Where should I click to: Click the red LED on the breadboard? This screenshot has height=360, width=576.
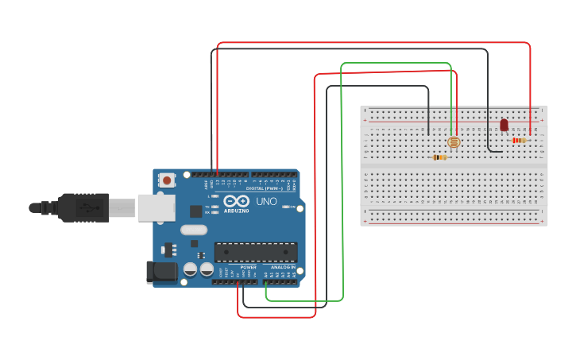pyautogui.click(x=504, y=125)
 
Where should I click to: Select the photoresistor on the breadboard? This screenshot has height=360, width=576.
pyautogui.click(x=454, y=141)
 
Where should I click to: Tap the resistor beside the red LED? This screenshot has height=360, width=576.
pyautogui.click(x=519, y=141)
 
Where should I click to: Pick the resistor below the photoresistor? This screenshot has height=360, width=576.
pyautogui.click(x=439, y=157)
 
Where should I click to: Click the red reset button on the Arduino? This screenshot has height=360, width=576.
pyautogui.click(x=167, y=180)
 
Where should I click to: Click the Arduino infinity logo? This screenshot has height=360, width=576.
pyautogui.click(x=237, y=201)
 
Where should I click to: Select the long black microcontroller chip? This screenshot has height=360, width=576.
pyautogui.click(x=256, y=253)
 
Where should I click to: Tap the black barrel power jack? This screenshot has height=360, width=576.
pyautogui.click(x=162, y=272)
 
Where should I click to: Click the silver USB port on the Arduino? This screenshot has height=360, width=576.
pyautogui.click(x=156, y=207)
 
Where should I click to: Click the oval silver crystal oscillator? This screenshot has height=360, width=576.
pyautogui.click(x=193, y=230)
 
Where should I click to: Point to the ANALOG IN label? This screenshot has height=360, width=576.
pyautogui.click(x=282, y=267)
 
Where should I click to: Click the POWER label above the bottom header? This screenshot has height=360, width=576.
pyautogui.click(x=248, y=267)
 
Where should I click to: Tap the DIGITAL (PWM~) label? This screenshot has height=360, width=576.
pyautogui.click(x=265, y=188)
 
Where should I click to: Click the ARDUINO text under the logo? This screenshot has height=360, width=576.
pyautogui.click(x=237, y=211)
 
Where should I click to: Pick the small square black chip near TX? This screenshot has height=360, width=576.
pyautogui.click(x=195, y=211)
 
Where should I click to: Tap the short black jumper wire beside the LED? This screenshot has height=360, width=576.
pyautogui.click(x=490, y=143)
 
